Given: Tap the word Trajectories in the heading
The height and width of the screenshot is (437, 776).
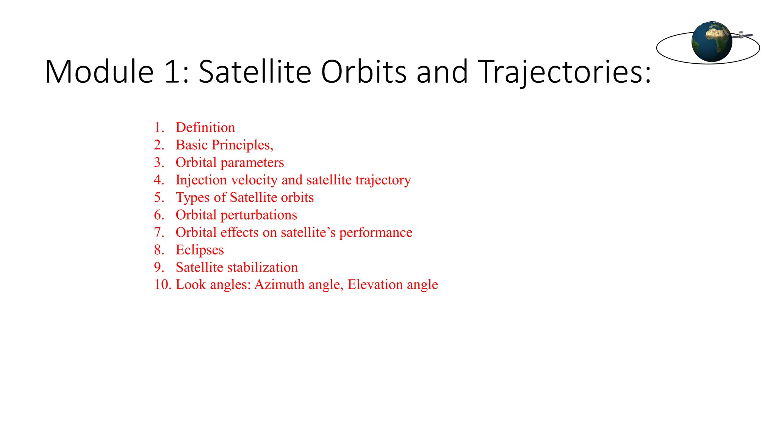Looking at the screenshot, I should tap(564, 72).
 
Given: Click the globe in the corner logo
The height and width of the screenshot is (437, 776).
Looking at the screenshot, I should tap(712, 42).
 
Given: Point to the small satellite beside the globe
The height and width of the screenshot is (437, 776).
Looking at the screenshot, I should tap(742, 35).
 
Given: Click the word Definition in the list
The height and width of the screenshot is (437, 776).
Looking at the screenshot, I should tap(205, 127).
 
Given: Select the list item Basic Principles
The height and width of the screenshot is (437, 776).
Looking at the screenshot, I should tap(224, 145).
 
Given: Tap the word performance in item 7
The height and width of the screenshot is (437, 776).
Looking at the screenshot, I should tap(375, 233).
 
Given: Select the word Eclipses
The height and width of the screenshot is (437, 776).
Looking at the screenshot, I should tap(200, 250).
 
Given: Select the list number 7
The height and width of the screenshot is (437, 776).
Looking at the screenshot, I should tap(159, 233).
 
